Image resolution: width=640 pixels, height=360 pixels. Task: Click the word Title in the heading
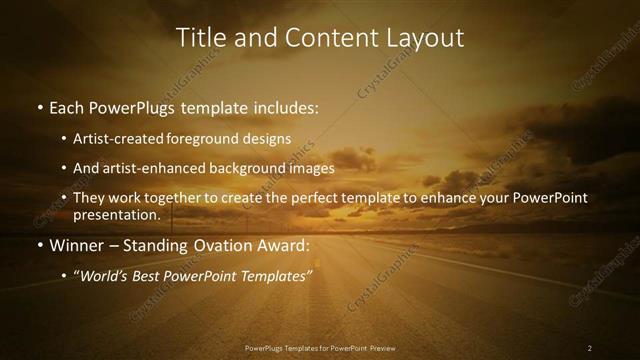pos(200,38)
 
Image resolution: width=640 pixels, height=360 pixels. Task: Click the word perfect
pos(308,198)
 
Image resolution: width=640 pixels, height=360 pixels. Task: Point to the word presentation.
pos(116,214)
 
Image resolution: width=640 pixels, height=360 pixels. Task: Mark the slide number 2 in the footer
pos(590,348)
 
